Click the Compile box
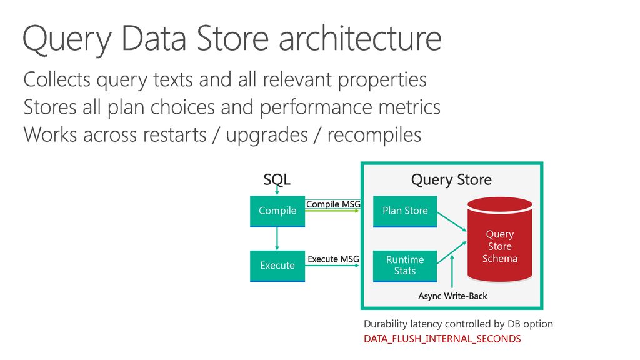tap(277, 211)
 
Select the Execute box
tap(277, 266)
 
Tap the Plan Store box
tap(405, 211)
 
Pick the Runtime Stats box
tap(405, 266)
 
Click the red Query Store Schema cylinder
tap(500, 240)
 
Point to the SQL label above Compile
tap(277, 179)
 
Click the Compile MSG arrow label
tap(333, 204)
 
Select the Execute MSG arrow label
tap(334, 259)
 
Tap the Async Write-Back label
tap(452, 296)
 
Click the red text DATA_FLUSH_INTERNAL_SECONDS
tap(442, 339)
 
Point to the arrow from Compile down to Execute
tap(277, 239)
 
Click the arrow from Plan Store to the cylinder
tap(452, 221)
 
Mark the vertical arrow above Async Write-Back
tap(452, 271)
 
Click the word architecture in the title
tap(361, 39)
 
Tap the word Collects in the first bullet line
tap(57, 79)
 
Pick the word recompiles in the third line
tap(374, 135)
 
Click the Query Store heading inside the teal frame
tap(451, 179)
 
